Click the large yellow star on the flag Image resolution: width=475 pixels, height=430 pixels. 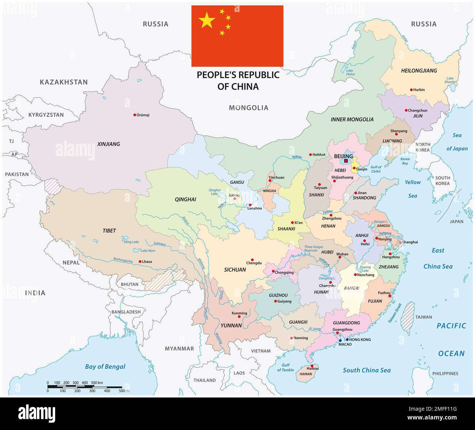pyautogui.click(x=207, y=20)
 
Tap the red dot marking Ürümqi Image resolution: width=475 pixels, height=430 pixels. pyautogui.click(x=134, y=115)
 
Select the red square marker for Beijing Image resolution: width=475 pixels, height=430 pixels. pyautogui.click(x=346, y=161)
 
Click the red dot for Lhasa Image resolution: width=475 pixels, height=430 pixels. pyautogui.click(x=140, y=262)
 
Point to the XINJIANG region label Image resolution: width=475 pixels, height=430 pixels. pyautogui.click(x=109, y=144)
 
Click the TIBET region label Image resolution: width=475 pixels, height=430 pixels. pyautogui.click(x=109, y=231)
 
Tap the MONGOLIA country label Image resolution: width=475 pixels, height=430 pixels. pyautogui.click(x=248, y=108)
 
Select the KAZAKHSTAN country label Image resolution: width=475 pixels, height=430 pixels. pyautogui.click(x=64, y=82)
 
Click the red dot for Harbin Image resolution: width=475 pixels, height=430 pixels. pyautogui.click(x=411, y=90)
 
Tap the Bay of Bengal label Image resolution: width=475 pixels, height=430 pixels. pyautogui.click(x=105, y=366)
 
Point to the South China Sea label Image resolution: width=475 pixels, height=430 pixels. pyautogui.click(x=366, y=370)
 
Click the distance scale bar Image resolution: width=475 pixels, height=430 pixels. pyautogui.click(x=84, y=387)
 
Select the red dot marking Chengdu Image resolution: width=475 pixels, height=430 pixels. pyautogui.click(x=252, y=260)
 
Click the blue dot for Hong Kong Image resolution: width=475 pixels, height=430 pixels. pyautogui.click(x=347, y=339)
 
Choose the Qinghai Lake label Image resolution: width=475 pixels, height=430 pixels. pyautogui.click(x=214, y=192)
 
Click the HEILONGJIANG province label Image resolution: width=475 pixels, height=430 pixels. pyautogui.click(x=419, y=71)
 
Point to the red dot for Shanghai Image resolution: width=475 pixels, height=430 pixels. pyautogui.click(x=400, y=242)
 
